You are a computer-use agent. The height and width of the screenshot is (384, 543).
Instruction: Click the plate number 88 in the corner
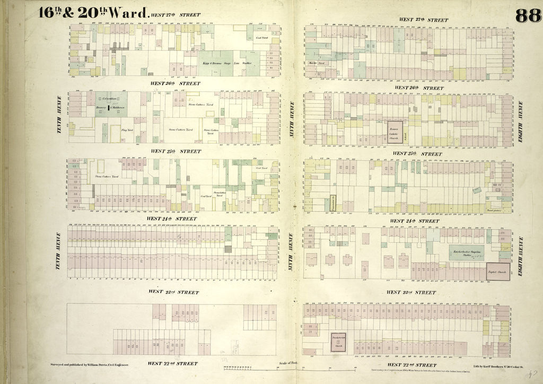tap(527, 15)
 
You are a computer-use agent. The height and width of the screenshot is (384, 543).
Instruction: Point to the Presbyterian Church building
tap(335, 342)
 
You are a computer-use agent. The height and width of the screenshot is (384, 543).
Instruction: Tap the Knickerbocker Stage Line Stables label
tap(466, 252)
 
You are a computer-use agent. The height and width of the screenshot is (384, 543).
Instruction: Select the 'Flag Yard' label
tap(127, 129)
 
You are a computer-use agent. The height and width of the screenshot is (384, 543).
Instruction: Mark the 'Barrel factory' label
tap(494, 209)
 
